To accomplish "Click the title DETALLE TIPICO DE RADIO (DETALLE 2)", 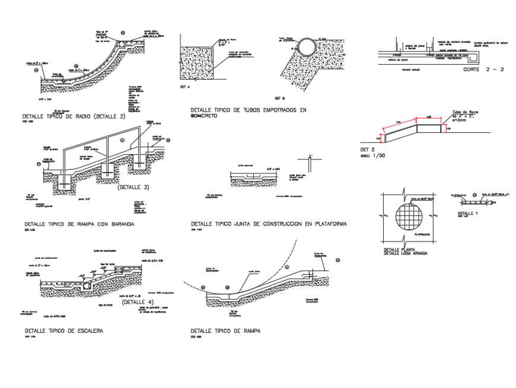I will [74, 117].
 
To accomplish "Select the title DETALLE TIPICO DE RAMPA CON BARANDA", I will [79, 225].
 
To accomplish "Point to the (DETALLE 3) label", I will [133, 187].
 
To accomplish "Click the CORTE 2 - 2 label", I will [483, 69].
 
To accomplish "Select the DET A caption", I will [184, 87].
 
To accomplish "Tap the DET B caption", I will [280, 97].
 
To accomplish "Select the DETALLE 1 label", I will [468, 212].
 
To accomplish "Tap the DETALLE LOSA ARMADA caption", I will [406, 254].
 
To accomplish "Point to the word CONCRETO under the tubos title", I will [205, 116].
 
